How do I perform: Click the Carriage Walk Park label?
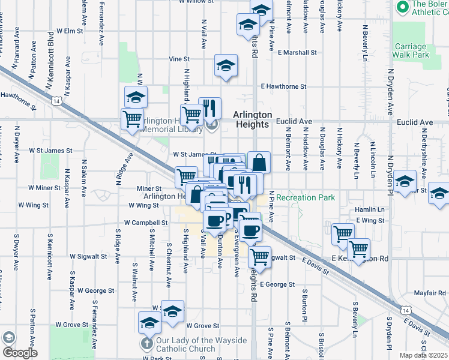[411, 50]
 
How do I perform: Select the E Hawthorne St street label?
[283, 87]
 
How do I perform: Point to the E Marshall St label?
[297, 53]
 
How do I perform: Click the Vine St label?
[179, 59]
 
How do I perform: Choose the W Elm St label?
[69, 31]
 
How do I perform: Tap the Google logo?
[19, 353]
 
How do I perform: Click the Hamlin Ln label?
[369, 209]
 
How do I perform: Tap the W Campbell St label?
[149, 223]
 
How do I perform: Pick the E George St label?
[279, 284]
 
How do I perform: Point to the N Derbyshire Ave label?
[424, 160]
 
